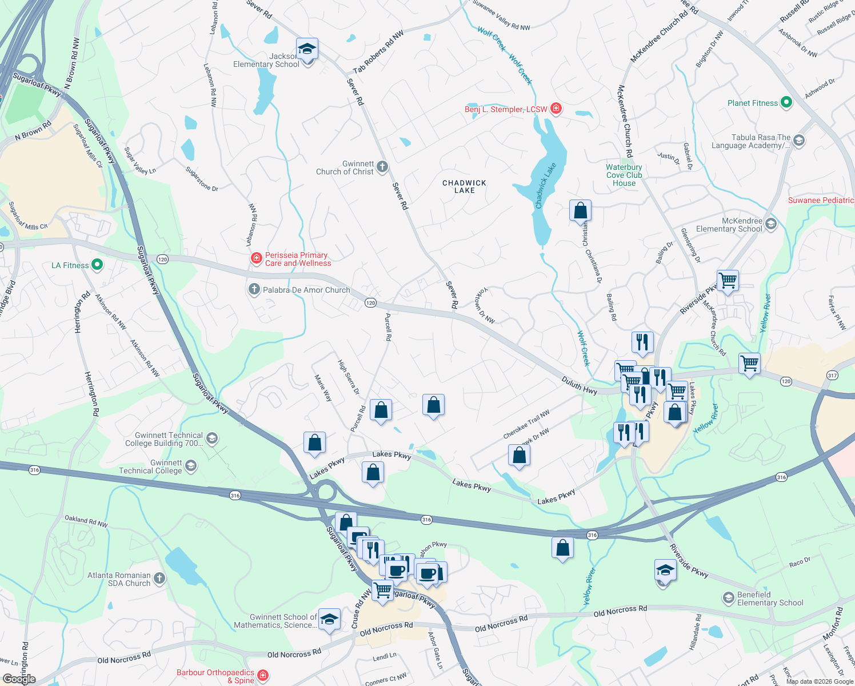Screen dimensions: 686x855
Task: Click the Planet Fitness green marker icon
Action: tap(786, 103)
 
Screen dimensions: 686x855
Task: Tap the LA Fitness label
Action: tap(70, 265)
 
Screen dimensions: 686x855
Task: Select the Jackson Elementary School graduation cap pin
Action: tap(307, 50)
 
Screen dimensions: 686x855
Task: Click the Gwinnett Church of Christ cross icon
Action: tap(382, 167)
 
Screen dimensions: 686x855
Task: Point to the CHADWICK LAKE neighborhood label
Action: tap(464, 186)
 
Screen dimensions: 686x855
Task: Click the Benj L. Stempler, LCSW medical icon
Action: tap(556, 109)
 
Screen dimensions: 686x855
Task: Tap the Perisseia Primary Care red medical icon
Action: tap(257, 259)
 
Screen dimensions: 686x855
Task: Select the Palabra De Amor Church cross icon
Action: tap(254, 290)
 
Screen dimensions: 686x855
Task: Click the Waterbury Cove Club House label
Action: tap(624, 176)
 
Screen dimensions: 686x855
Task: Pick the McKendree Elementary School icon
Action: tap(771, 224)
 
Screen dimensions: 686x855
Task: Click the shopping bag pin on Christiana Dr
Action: tap(580, 211)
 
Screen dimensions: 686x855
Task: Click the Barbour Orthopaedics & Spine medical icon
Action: tap(263, 676)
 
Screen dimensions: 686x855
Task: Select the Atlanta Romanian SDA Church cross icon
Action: tap(159, 579)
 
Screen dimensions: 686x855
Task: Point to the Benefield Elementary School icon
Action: tap(728, 598)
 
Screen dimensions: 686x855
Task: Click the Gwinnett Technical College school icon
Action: tap(191, 466)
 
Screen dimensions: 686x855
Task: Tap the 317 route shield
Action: tap(832, 376)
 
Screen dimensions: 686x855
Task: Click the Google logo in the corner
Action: tap(19, 679)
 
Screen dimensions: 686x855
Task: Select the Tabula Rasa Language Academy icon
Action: tap(799, 141)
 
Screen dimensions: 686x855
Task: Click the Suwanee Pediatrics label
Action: tap(821, 200)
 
